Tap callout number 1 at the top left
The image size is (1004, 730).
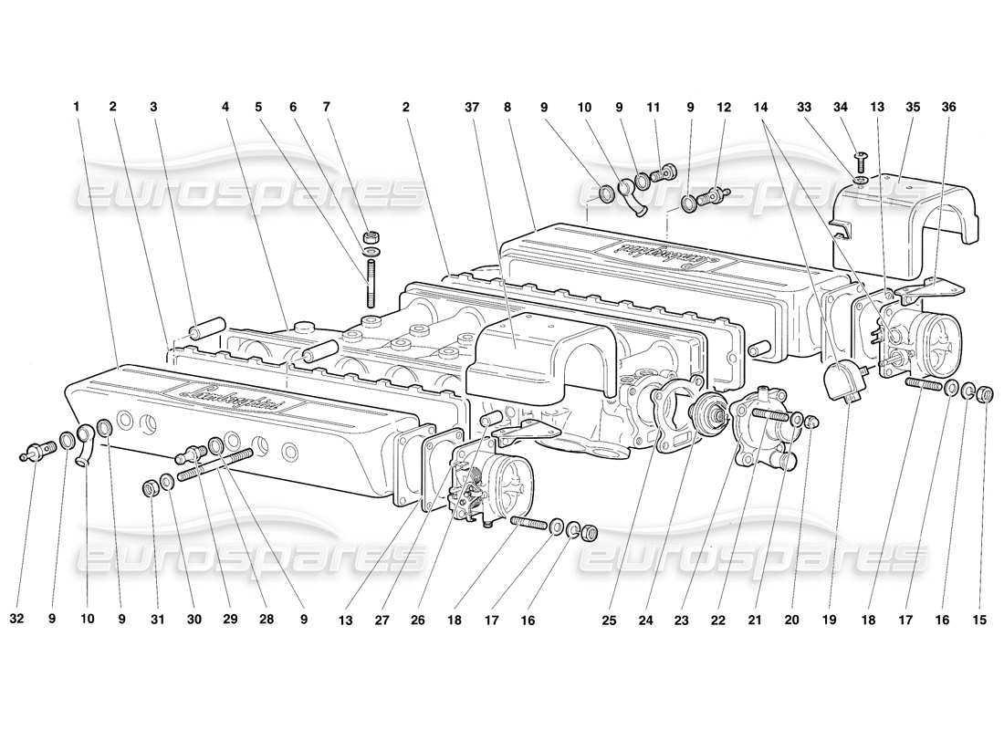[x=78, y=107]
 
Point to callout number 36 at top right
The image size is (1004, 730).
[x=949, y=107]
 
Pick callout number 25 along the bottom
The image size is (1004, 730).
[x=609, y=620]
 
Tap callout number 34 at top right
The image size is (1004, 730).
[x=859, y=107]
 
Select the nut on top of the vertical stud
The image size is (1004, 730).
[x=371, y=237]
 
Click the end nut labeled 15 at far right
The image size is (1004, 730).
[x=985, y=394]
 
